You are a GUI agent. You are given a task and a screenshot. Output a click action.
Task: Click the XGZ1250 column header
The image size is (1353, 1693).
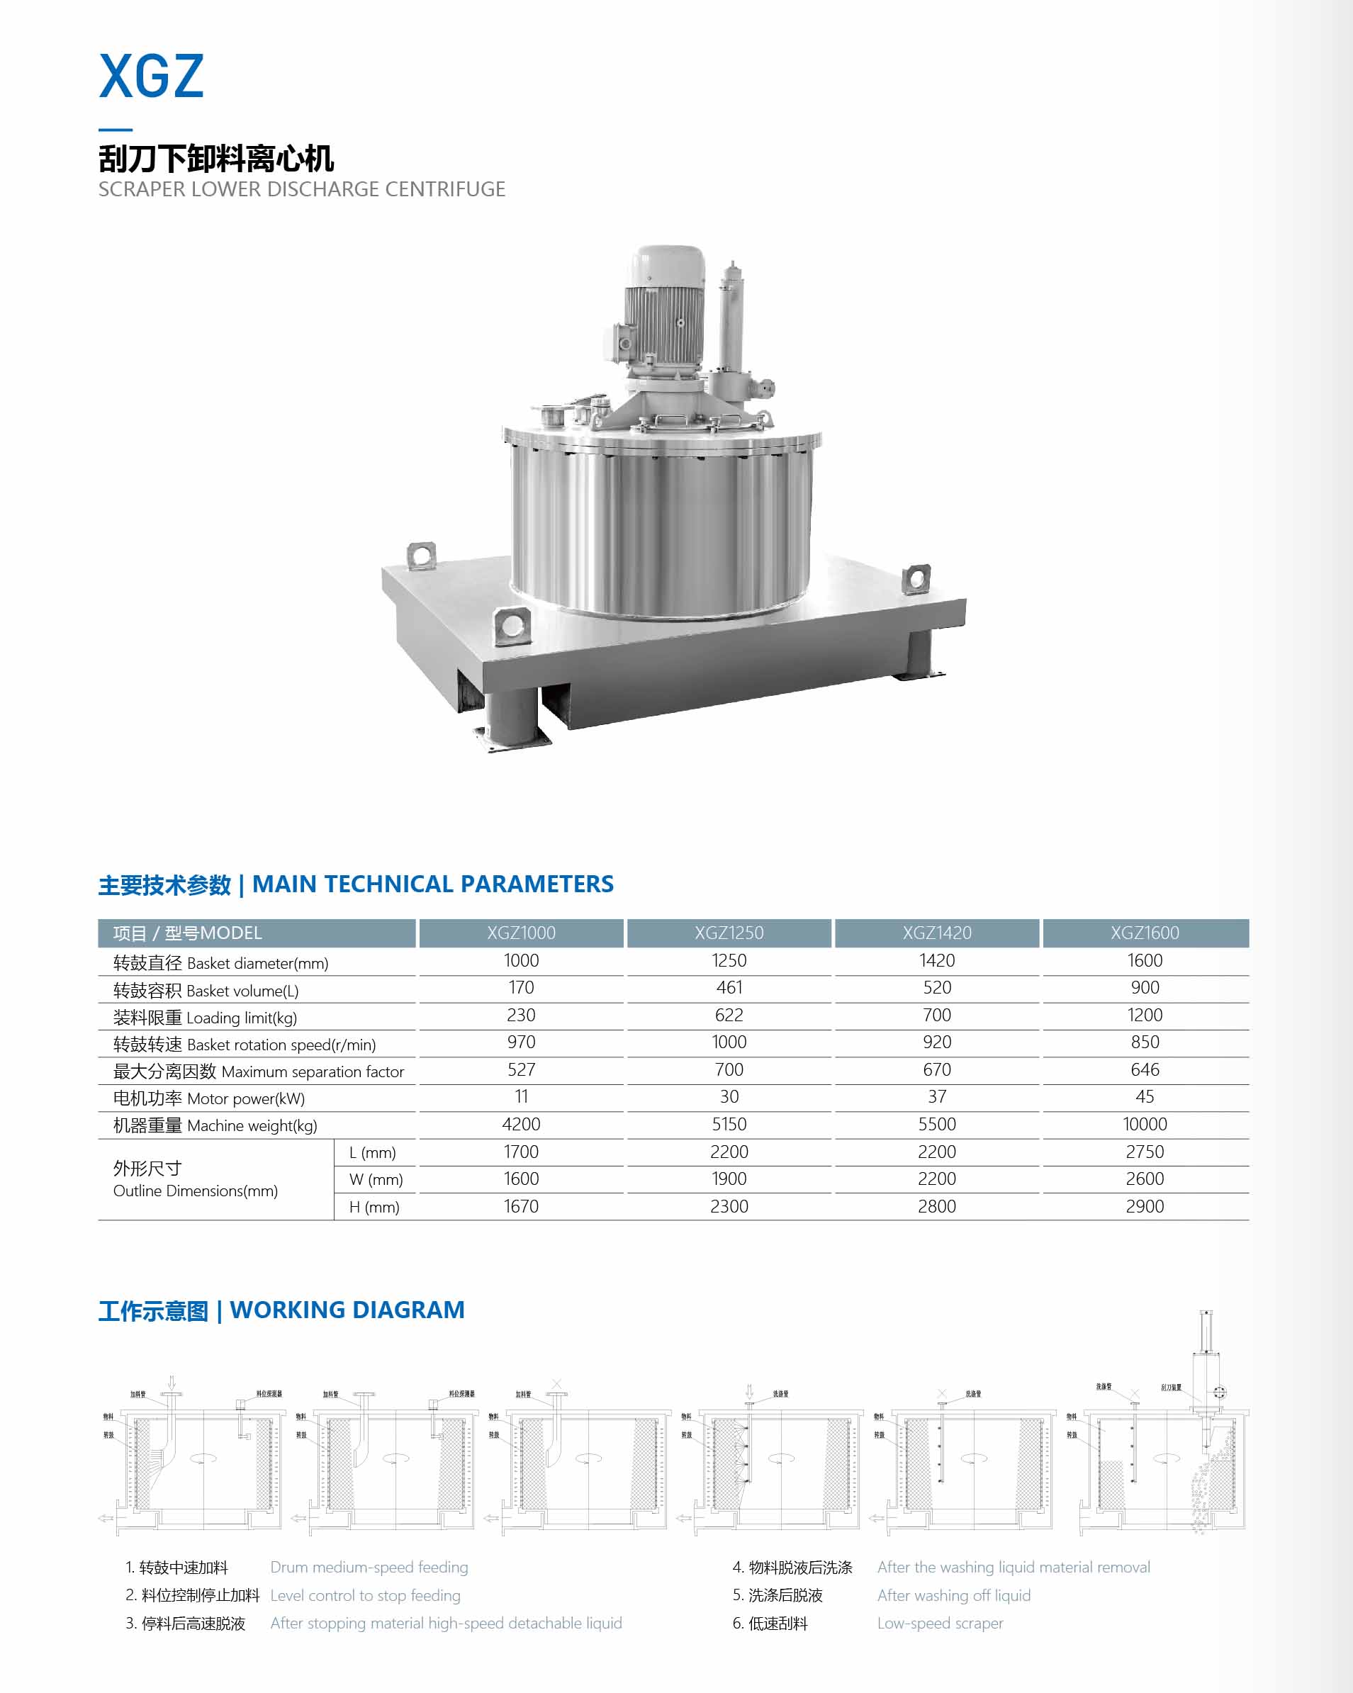[x=729, y=933]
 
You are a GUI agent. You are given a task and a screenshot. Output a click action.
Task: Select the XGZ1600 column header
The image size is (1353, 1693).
[x=1144, y=933]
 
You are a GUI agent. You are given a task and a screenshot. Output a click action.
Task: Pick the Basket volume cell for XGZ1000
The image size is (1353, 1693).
[x=521, y=988]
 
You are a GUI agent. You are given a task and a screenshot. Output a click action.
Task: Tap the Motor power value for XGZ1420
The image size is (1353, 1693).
[x=937, y=1096]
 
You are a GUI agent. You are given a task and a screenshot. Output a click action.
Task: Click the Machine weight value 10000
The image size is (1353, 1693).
[x=1144, y=1124]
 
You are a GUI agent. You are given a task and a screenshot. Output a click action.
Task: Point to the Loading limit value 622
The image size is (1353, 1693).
[x=729, y=1016]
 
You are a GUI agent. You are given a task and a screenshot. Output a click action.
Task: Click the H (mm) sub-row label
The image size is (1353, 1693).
[x=374, y=1207]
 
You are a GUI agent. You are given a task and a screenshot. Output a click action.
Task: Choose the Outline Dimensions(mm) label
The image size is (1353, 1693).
[x=196, y=1191]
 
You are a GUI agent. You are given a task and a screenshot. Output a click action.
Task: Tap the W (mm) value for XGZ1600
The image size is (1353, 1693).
[x=1144, y=1179]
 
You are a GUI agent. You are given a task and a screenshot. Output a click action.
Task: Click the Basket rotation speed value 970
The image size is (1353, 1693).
[x=521, y=1042]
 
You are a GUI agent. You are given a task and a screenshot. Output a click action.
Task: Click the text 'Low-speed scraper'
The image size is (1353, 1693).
[x=940, y=1623]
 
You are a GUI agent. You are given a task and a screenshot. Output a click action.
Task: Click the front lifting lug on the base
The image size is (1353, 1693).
[x=512, y=626]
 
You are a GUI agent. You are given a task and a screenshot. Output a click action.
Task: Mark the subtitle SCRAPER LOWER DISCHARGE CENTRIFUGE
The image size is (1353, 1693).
[x=301, y=189]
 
